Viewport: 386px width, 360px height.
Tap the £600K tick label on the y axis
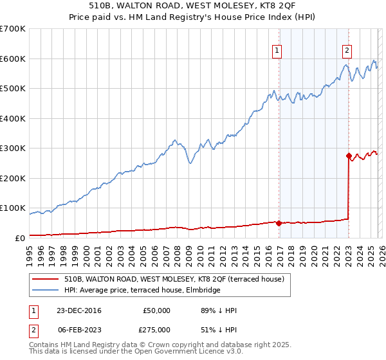pos(13,59)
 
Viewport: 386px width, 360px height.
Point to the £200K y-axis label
pos(13,178)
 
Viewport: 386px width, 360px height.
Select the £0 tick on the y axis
pos(19,238)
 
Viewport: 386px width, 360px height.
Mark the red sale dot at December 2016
pos(279,223)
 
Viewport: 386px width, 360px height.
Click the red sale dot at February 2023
pos(349,156)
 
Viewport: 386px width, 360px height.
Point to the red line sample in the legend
pos(45,278)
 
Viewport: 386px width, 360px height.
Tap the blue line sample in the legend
pos(45,290)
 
